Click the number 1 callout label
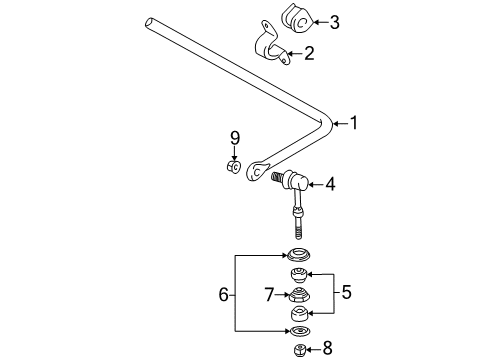(x=353, y=123)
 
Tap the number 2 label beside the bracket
(x=309, y=54)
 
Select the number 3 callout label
(x=334, y=22)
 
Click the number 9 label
(x=235, y=138)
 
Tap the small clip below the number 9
(x=234, y=166)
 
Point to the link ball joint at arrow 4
(x=295, y=182)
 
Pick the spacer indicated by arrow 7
(x=298, y=294)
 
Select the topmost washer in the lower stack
(x=298, y=253)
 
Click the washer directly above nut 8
(x=298, y=332)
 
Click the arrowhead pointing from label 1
(x=333, y=123)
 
